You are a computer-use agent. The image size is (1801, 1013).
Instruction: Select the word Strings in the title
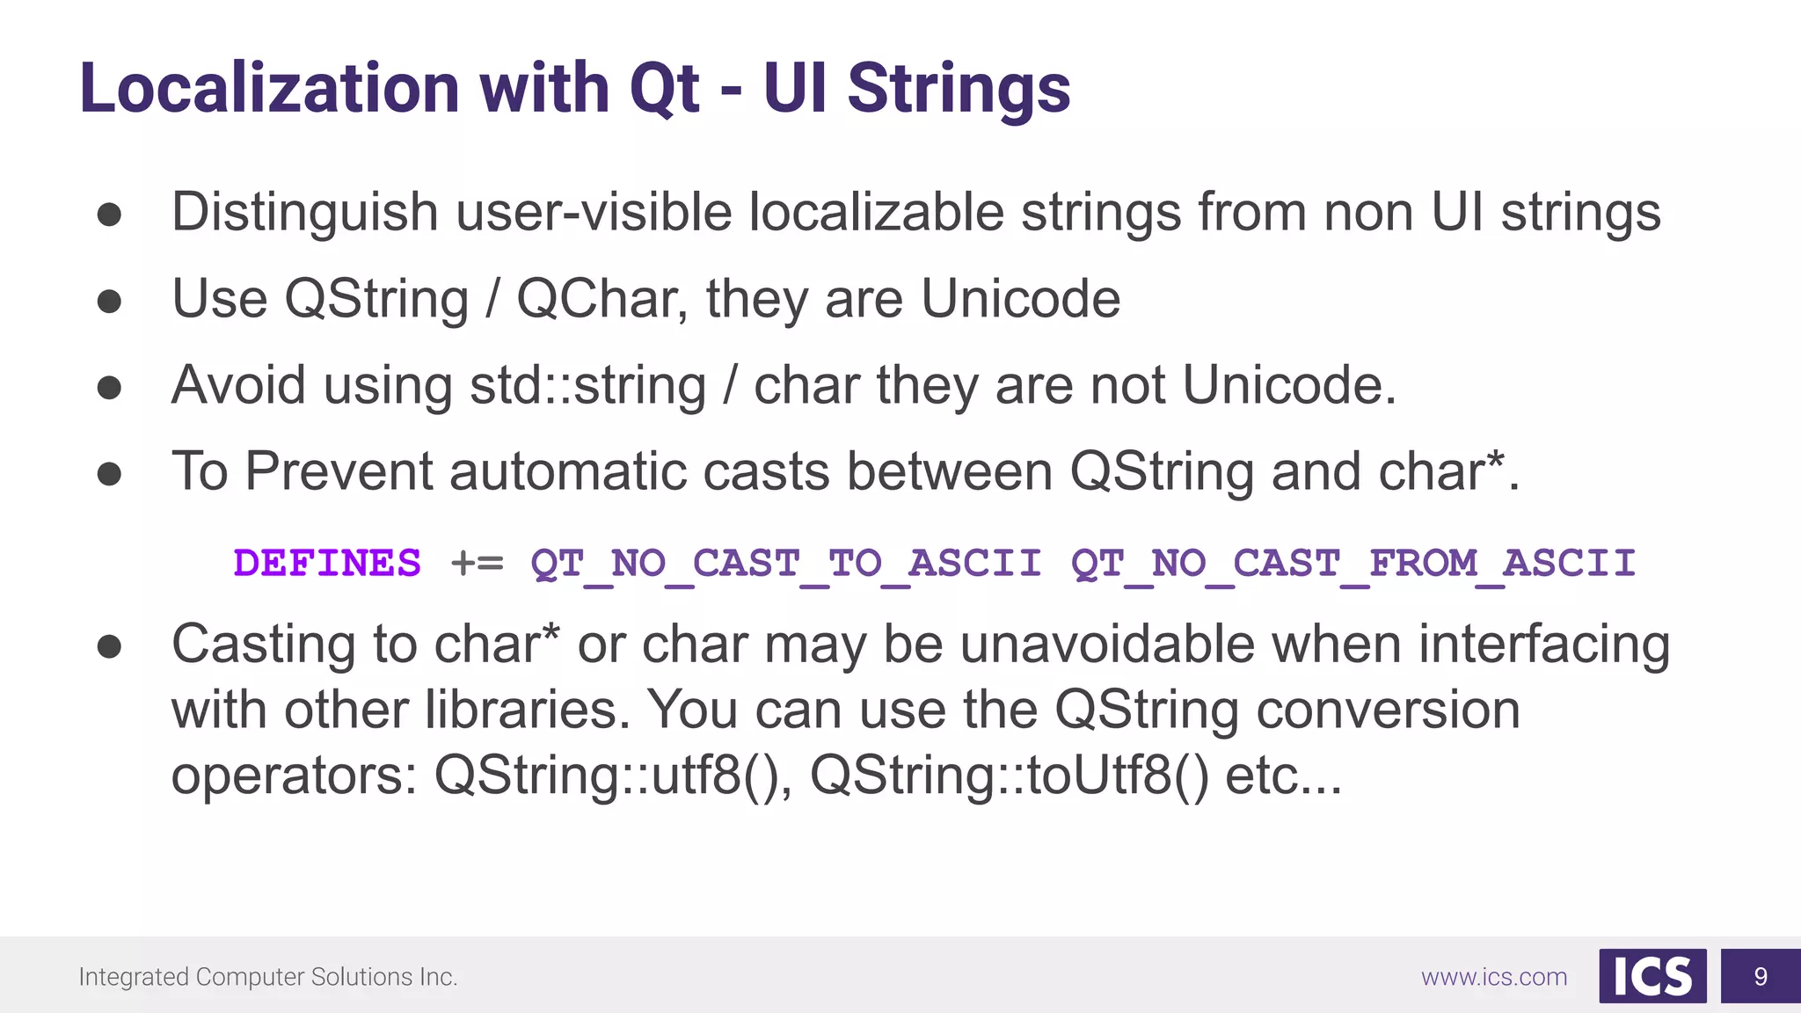959,90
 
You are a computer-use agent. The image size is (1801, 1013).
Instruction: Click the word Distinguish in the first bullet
304,213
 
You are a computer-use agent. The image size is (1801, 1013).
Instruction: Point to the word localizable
876,213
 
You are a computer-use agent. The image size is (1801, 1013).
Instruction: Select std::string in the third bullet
587,386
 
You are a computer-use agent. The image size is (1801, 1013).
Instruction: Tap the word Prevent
339,471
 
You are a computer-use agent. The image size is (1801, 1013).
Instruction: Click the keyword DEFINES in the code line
327,563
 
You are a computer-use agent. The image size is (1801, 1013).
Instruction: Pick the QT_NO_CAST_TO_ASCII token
786,564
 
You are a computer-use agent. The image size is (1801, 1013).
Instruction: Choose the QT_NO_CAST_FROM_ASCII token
1353,564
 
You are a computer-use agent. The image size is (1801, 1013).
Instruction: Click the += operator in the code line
477,564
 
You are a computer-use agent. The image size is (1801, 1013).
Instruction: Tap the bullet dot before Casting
109,647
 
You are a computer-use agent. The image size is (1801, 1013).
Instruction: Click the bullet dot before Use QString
109,301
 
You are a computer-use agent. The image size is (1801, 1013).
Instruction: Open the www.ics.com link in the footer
1493,977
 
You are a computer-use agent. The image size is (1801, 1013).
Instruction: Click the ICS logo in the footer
1652,976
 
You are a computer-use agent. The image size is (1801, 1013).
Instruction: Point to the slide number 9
1761,976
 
